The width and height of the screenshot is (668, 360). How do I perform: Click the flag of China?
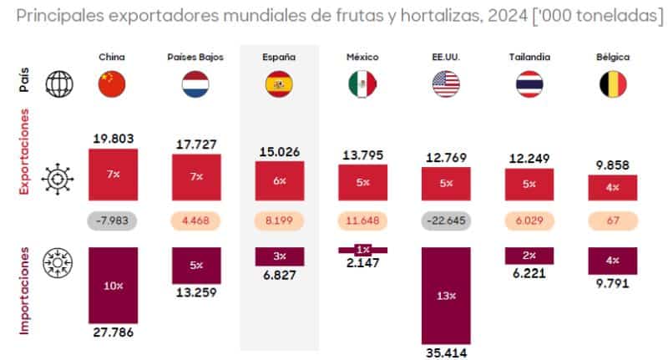click(x=112, y=84)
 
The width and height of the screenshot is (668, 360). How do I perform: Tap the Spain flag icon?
click(x=279, y=84)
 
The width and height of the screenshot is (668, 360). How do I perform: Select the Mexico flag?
click(x=362, y=84)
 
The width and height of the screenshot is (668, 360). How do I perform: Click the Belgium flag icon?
click(x=614, y=84)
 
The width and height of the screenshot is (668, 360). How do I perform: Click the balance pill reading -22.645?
click(x=446, y=221)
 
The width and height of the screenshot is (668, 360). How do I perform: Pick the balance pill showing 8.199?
click(x=279, y=221)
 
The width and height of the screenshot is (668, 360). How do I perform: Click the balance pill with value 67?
click(x=614, y=221)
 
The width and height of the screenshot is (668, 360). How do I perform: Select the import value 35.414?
click(x=446, y=352)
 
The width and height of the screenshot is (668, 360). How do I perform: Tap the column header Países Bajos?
click(x=195, y=57)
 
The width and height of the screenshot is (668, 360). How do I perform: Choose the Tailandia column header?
click(x=529, y=57)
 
